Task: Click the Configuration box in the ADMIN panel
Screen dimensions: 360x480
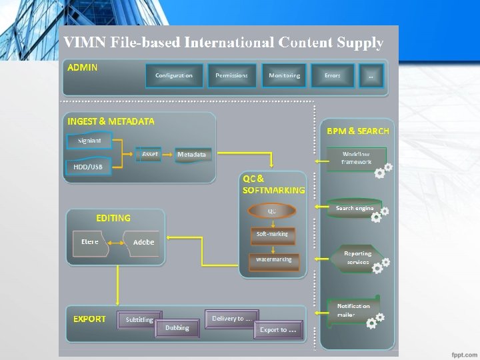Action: coord(174,75)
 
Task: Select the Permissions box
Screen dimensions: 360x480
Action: coord(231,75)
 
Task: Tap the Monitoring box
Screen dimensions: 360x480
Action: coord(284,75)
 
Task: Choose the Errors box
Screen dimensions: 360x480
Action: coord(332,75)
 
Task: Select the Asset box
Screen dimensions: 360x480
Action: coord(149,154)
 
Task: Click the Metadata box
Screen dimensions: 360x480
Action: coord(193,155)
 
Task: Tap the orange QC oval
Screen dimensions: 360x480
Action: coord(271,211)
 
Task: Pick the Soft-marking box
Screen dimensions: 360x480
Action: coord(271,234)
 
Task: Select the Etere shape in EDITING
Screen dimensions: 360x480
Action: coord(91,242)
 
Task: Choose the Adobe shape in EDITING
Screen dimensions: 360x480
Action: coord(142,242)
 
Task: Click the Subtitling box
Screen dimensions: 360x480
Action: coord(139,320)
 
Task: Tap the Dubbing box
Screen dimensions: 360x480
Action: coord(177,328)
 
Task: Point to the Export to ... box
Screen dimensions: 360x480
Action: coord(278,330)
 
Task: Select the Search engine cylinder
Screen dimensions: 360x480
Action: coord(355,209)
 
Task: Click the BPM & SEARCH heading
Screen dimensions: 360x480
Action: coord(357,131)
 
